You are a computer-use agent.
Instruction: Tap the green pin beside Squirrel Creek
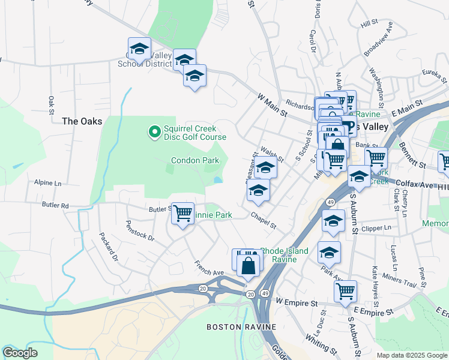click(x=154, y=130)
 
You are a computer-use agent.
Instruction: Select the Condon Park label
click(x=195, y=160)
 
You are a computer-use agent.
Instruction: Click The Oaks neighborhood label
click(x=82, y=121)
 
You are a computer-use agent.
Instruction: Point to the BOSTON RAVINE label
click(x=241, y=327)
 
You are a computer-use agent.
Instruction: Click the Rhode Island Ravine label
click(x=284, y=255)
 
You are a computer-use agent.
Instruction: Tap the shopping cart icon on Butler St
click(x=182, y=213)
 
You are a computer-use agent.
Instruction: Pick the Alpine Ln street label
click(x=48, y=182)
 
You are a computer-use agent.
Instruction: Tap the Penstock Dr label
click(x=140, y=230)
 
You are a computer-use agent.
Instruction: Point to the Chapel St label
click(x=264, y=221)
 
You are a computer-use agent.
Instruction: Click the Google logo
click(x=20, y=353)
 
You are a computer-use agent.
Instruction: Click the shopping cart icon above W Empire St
click(x=345, y=291)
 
